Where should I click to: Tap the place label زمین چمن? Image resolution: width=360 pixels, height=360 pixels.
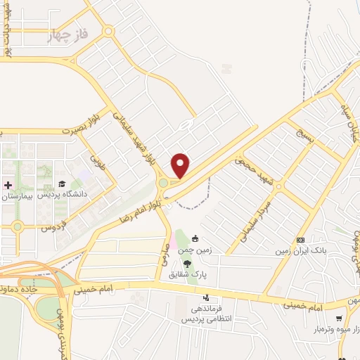coord(196,247)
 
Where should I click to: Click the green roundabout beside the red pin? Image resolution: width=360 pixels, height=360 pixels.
coord(163,183)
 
